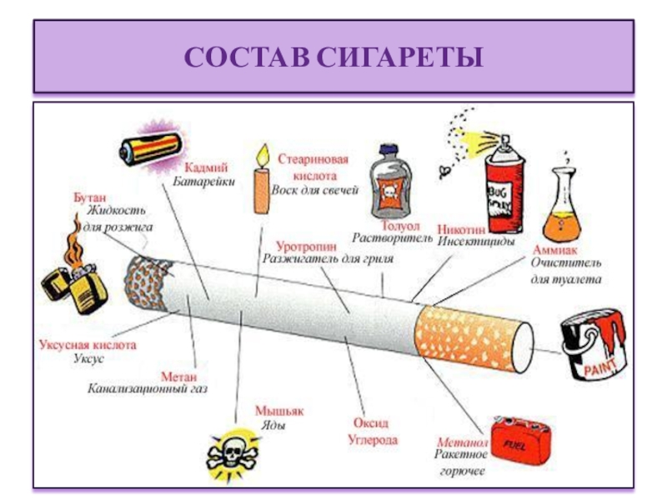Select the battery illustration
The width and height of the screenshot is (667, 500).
(150, 150)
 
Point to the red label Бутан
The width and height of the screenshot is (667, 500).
(89, 197)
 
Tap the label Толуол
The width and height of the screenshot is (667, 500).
(393, 225)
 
